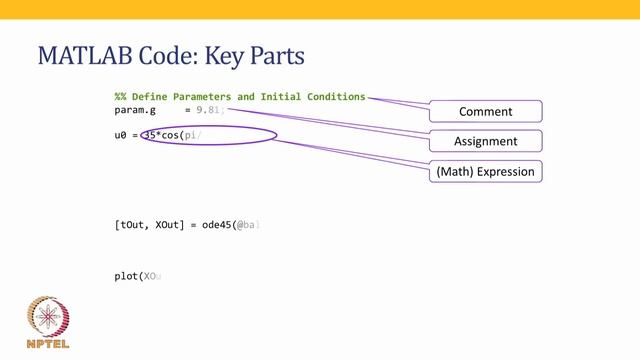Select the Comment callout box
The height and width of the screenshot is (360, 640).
(x=485, y=111)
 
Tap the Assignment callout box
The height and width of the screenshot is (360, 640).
(x=485, y=141)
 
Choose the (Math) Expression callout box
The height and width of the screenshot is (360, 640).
(x=485, y=172)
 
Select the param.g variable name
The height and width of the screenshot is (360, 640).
(x=136, y=111)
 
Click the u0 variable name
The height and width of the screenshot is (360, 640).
(x=121, y=134)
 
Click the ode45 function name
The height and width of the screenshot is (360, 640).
(x=219, y=225)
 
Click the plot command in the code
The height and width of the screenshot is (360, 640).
(x=126, y=275)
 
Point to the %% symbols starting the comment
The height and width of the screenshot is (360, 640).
(x=120, y=97)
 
